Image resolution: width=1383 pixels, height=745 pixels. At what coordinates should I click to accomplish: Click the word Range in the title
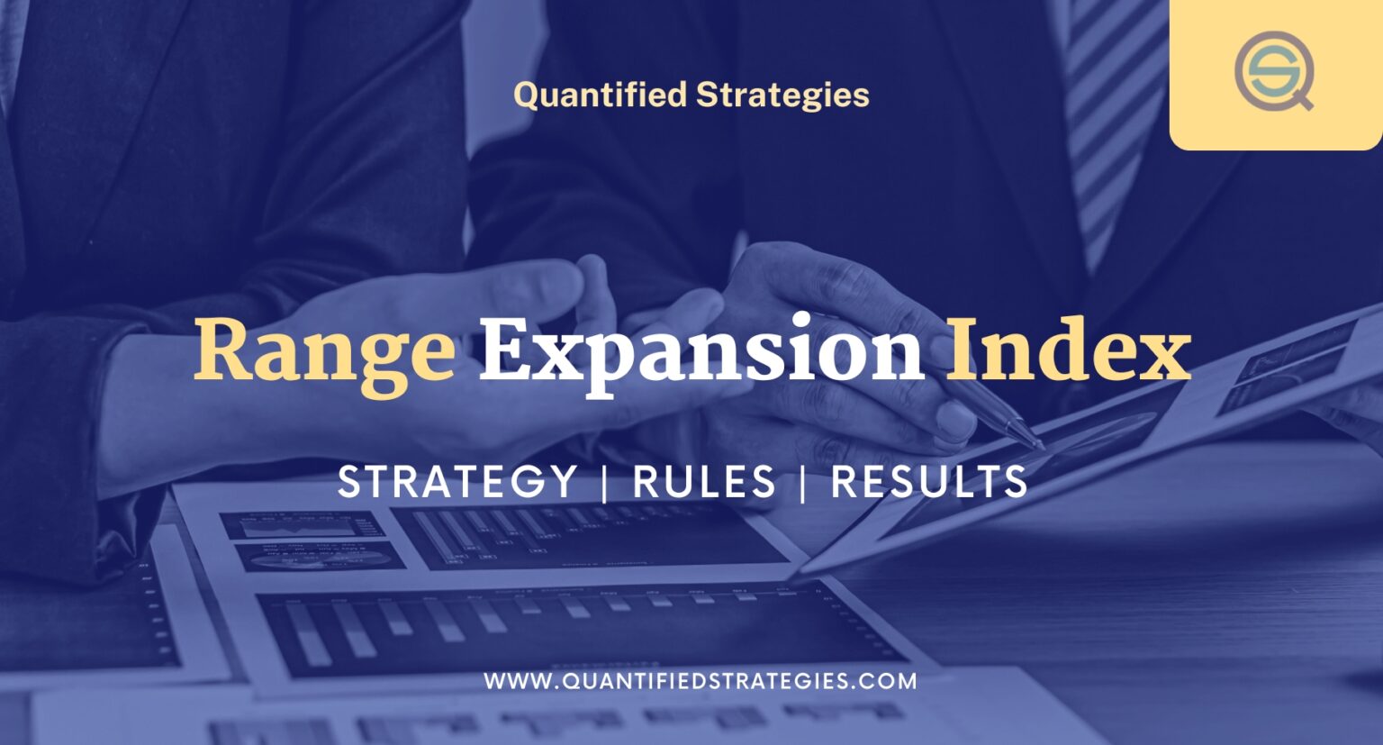pyautogui.click(x=324, y=351)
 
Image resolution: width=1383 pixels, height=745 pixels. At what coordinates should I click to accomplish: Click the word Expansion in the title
pyautogui.click(x=701, y=351)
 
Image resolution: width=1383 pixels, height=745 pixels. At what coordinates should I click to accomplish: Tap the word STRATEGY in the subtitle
pyautogui.click(x=457, y=481)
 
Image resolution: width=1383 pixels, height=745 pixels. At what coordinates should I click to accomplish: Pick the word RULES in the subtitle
pyautogui.click(x=704, y=481)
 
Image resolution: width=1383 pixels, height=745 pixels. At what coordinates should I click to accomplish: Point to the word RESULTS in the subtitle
pyautogui.click(x=928, y=481)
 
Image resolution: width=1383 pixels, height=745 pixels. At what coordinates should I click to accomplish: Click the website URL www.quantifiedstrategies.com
pyautogui.click(x=700, y=681)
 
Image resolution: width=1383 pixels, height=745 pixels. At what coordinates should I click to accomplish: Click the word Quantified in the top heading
pyautogui.click(x=600, y=95)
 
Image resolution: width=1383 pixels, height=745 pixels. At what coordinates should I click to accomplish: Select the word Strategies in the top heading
pyautogui.click(x=782, y=95)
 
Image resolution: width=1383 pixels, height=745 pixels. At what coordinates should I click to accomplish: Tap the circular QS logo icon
pyautogui.click(x=1273, y=70)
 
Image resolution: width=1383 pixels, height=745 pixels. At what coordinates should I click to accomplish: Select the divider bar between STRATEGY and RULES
pyautogui.click(x=604, y=482)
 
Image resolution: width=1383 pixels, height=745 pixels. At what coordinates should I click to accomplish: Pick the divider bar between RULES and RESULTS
pyautogui.click(x=802, y=482)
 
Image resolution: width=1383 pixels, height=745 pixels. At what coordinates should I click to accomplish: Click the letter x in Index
pyautogui.click(x=1162, y=356)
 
